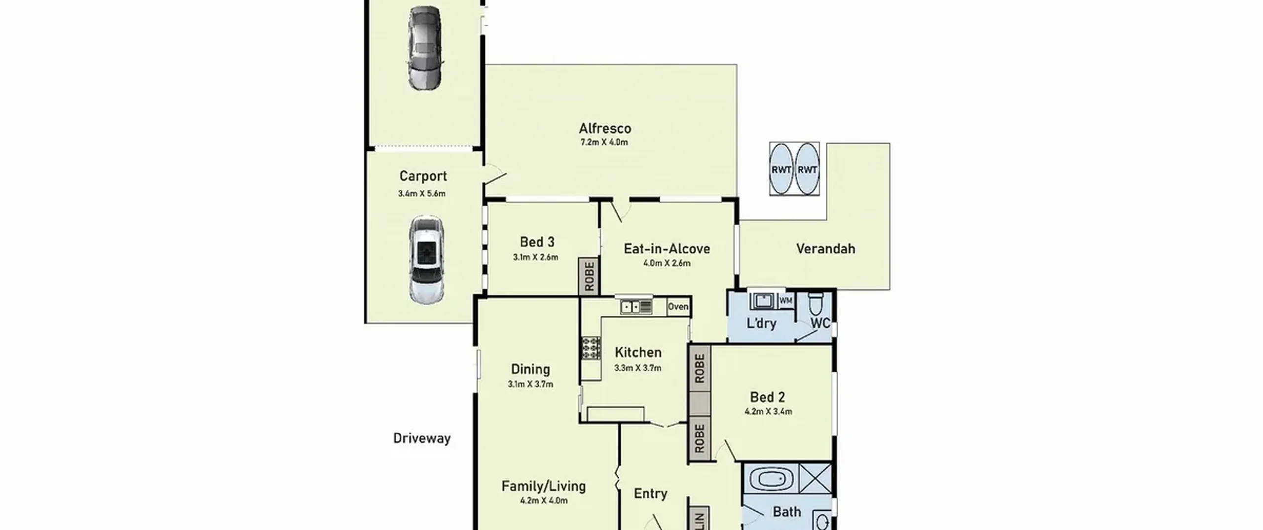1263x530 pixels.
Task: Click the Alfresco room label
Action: pyautogui.click(x=605, y=129)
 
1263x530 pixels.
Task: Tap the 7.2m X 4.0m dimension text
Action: pyautogui.click(x=604, y=142)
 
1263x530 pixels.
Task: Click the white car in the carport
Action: pyautogui.click(x=427, y=259)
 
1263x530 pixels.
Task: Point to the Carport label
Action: pyautogui.click(x=423, y=176)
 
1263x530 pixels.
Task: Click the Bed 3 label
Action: pyautogui.click(x=537, y=242)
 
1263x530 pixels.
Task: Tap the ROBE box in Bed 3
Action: pyautogui.click(x=589, y=277)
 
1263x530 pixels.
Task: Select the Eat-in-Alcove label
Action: pyautogui.click(x=667, y=248)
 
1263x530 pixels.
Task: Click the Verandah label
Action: pyautogui.click(x=825, y=248)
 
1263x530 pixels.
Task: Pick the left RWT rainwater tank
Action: pyautogui.click(x=781, y=169)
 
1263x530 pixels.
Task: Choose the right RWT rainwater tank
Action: pyautogui.click(x=807, y=169)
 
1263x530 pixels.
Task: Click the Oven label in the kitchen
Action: pyautogui.click(x=678, y=307)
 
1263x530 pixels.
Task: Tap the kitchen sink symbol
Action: pyautogui.click(x=636, y=307)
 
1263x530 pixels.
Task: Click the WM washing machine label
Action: pyautogui.click(x=785, y=300)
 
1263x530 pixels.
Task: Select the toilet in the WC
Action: pyautogui.click(x=816, y=303)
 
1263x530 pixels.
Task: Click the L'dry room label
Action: pyautogui.click(x=761, y=323)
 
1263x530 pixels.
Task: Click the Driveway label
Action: pyautogui.click(x=422, y=438)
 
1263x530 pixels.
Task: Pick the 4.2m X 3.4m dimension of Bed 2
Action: pyautogui.click(x=768, y=412)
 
